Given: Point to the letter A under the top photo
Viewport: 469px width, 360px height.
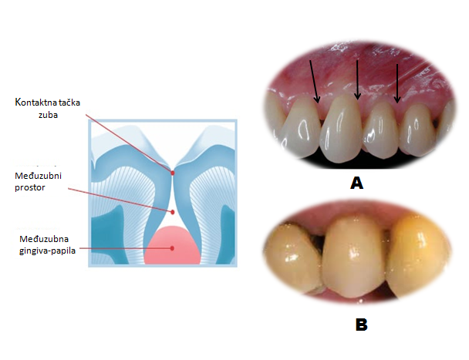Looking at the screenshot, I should point(356,183).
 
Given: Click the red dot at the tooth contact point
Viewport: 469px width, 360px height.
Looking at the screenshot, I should point(173,173).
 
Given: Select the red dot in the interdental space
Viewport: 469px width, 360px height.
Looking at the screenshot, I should point(173,211).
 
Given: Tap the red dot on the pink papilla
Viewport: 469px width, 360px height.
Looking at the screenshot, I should point(173,247).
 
